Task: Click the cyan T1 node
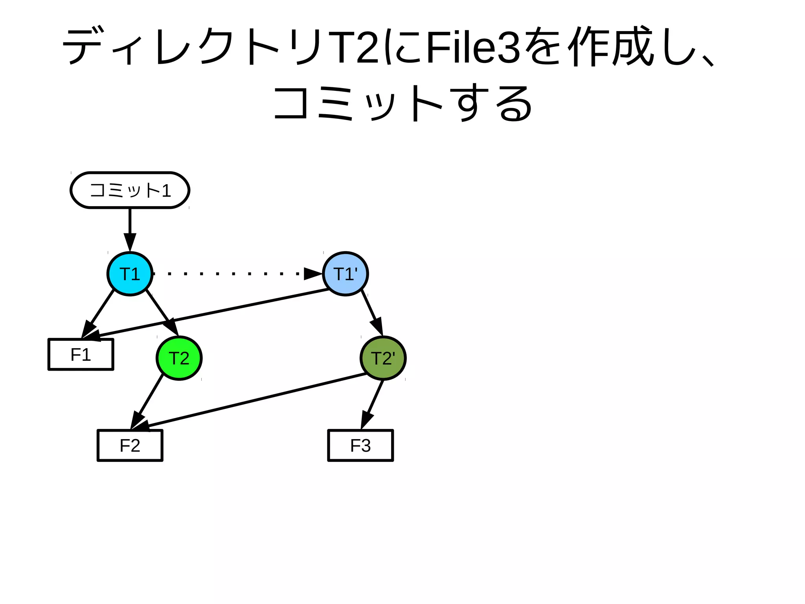coord(130,274)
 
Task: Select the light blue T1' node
coord(345,274)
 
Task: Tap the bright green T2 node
coord(179,358)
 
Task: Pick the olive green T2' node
coord(383,358)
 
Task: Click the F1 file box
coord(81,355)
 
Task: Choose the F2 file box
coord(130,445)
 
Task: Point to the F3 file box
coord(360,445)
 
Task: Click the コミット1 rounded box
coord(130,190)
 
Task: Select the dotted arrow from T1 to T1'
coord(232,273)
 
